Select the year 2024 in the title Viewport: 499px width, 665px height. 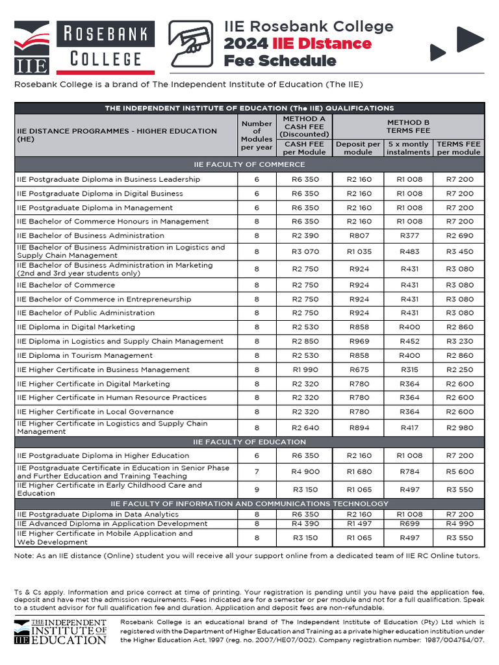click(x=246, y=44)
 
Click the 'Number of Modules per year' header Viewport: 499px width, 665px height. click(x=257, y=135)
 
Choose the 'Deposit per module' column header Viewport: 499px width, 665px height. click(x=358, y=148)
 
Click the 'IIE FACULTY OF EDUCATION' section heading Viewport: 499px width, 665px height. click(x=249, y=442)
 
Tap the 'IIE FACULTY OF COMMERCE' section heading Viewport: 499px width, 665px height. click(x=249, y=164)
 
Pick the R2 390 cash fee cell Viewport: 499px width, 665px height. click(x=305, y=236)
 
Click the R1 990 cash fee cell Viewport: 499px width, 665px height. click(x=305, y=370)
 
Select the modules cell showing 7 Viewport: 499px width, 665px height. click(x=257, y=472)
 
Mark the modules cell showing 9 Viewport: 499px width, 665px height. click(x=257, y=489)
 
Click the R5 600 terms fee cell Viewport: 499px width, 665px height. click(x=460, y=472)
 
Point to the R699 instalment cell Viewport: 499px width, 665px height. click(x=409, y=523)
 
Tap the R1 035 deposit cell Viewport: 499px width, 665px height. click(x=359, y=251)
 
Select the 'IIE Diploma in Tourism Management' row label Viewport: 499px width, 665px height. click(x=84, y=355)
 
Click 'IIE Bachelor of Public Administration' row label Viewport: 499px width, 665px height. click(x=86, y=312)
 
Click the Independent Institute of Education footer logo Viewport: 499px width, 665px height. click(x=60, y=631)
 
